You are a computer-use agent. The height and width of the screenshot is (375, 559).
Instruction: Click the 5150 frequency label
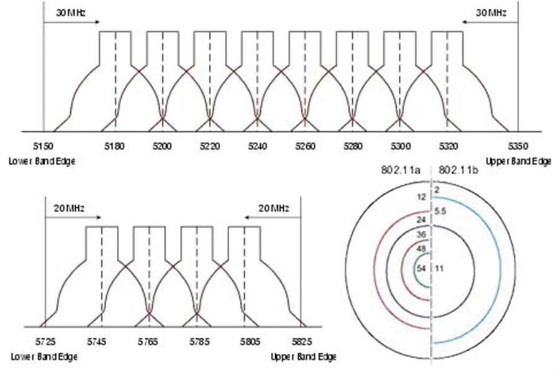click(x=43, y=146)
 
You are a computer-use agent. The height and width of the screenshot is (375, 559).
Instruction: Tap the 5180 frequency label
click(x=115, y=146)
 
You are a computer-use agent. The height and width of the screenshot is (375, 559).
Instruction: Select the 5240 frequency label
click(x=257, y=146)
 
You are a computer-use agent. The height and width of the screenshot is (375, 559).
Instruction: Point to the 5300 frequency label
click(x=401, y=146)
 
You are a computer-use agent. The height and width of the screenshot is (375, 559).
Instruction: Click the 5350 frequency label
click(x=517, y=146)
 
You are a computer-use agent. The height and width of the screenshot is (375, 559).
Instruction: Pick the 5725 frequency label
click(x=45, y=342)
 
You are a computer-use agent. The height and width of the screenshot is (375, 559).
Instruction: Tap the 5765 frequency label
click(x=148, y=342)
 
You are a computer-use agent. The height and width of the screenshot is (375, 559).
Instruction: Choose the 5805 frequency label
click(x=250, y=342)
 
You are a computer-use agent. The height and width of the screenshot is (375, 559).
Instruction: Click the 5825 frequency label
click(x=302, y=342)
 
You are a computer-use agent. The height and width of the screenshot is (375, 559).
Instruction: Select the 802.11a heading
click(x=401, y=170)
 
